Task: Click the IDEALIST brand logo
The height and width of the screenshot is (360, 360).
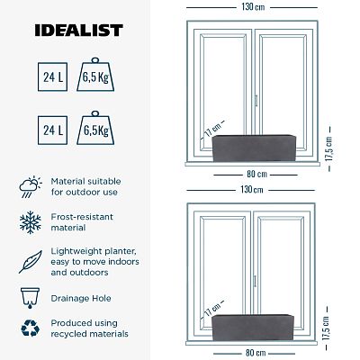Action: tap(78, 31)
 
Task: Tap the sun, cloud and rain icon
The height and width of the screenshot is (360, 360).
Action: tap(28, 186)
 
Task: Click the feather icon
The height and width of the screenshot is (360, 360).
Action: tap(28, 260)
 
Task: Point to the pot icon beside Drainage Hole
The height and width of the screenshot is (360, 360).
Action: tap(28, 295)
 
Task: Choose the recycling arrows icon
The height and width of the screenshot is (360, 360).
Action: tap(28, 328)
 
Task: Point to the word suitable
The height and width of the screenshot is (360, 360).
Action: tap(109, 180)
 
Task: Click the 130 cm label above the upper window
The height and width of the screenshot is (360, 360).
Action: tap(253, 8)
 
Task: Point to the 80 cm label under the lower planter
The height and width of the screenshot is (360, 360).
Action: tap(253, 352)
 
